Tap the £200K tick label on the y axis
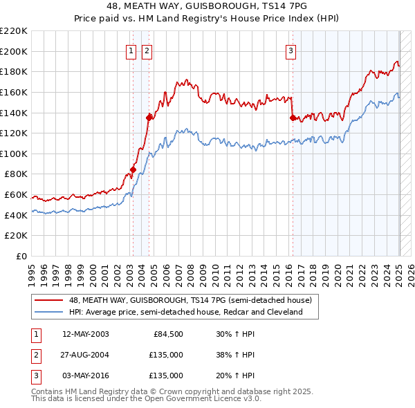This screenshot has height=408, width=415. tap(15, 51)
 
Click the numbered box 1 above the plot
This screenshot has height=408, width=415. tap(131, 50)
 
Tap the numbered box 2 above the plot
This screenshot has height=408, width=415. tap(147, 50)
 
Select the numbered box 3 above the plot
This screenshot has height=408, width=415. tap(290, 50)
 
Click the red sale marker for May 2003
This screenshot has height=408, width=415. tap(133, 169)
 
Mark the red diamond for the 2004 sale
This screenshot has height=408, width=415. tap(149, 117)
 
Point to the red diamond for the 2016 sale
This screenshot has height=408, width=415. tap(293, 118)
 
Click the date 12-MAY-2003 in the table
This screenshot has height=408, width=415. tap(85, 334)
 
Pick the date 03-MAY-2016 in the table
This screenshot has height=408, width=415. tap(85, 375)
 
